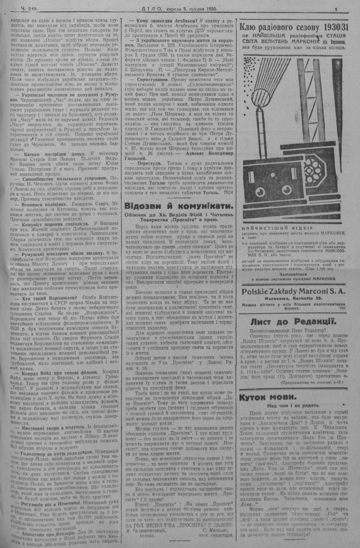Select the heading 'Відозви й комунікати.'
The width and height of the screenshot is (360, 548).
(178, 206)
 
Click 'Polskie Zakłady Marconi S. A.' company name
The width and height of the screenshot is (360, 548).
(294, 291)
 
